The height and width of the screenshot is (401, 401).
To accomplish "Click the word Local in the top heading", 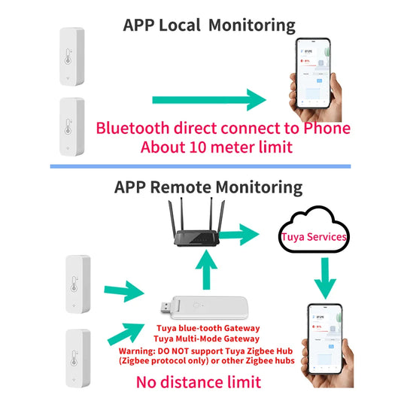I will coord(179,24).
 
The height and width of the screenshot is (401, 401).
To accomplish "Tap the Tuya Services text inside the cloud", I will coord(313,237).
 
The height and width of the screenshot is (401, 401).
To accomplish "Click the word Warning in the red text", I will coord(141,351).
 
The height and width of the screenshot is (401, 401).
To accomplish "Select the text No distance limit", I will coord(199,382).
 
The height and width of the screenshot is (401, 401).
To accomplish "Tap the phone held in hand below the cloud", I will coord(325,342).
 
